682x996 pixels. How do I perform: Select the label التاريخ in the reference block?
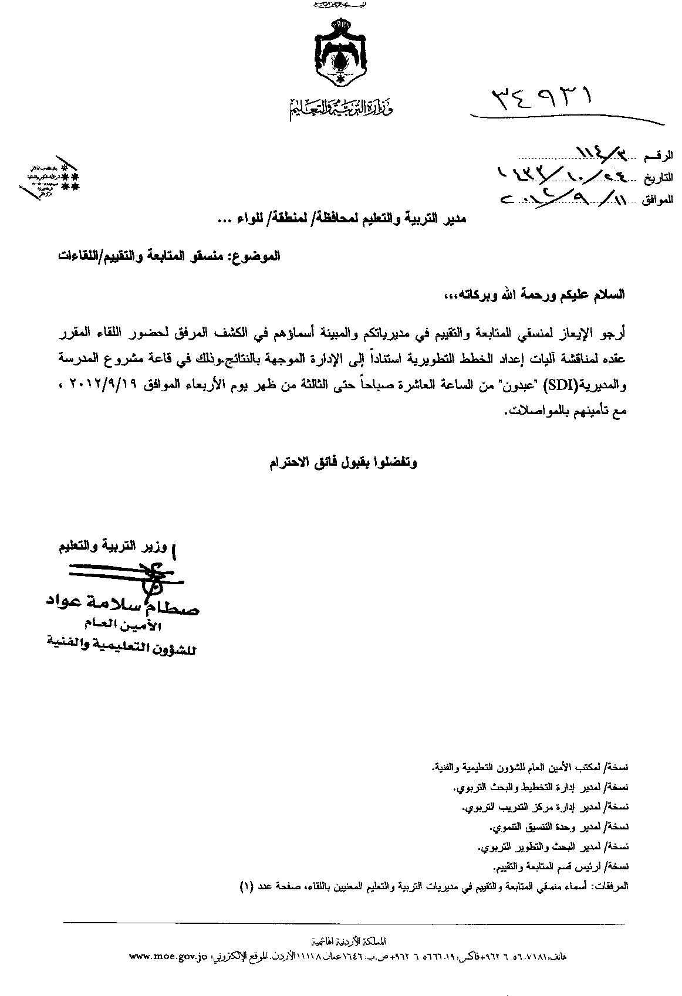656,178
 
